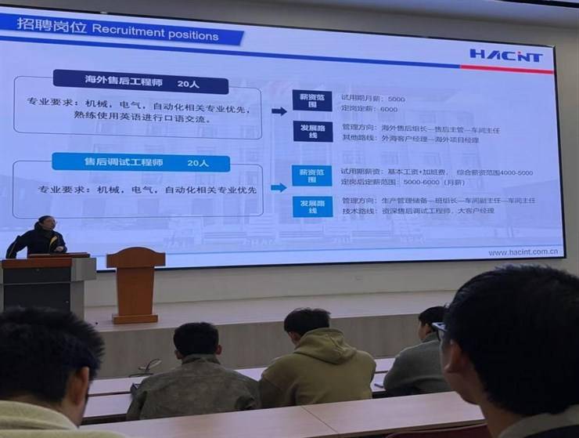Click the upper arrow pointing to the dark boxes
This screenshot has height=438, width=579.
pos(279,111)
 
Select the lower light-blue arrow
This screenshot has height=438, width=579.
pos(278,187)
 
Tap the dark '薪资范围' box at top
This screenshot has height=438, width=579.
pos(312,100)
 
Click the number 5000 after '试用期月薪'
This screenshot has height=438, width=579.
pos(397,99)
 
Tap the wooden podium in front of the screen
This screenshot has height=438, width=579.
pos(135,282)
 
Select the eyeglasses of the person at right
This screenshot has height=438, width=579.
pos(439,329)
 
